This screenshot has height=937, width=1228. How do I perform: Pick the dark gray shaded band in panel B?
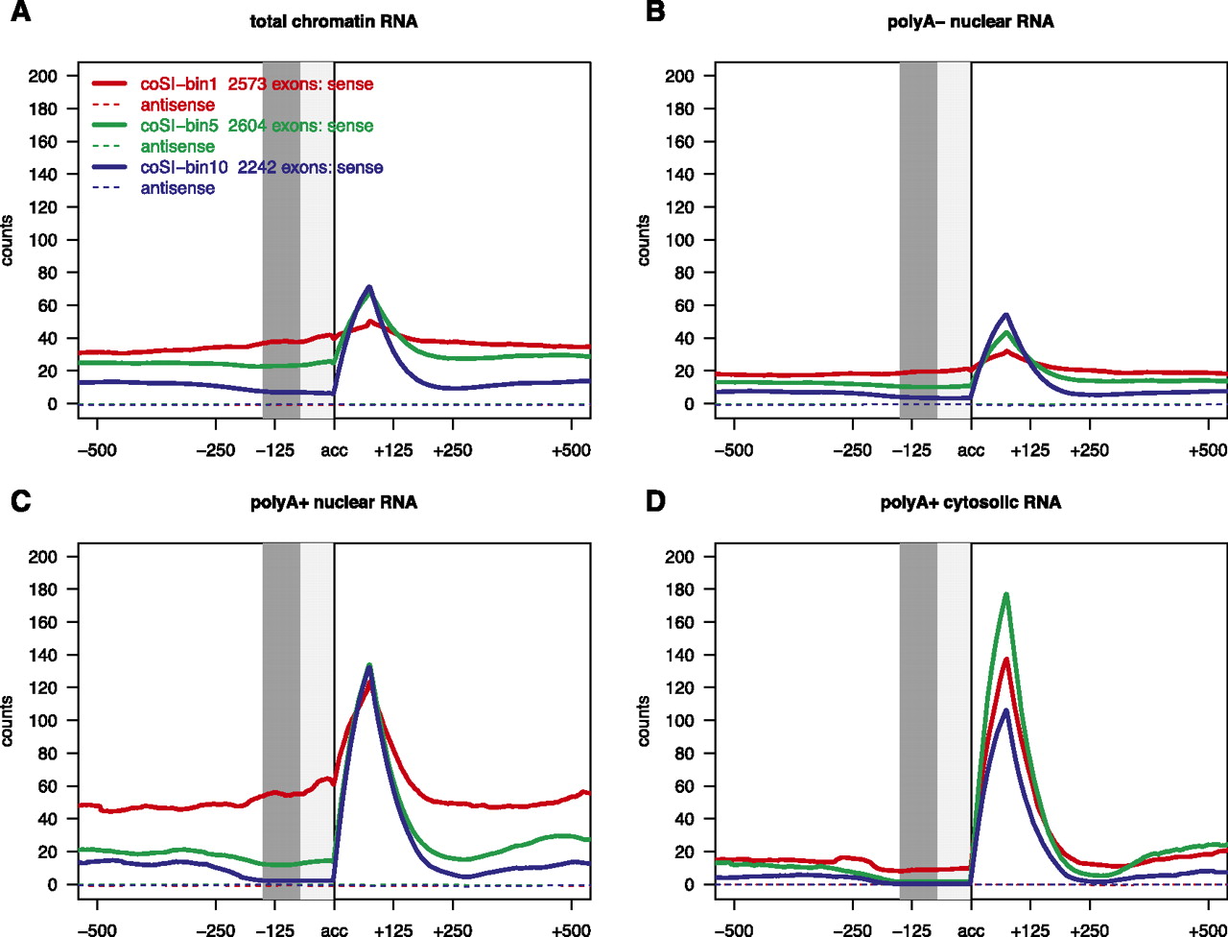click(918, 240)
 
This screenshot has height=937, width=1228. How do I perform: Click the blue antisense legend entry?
click(177, 189)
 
